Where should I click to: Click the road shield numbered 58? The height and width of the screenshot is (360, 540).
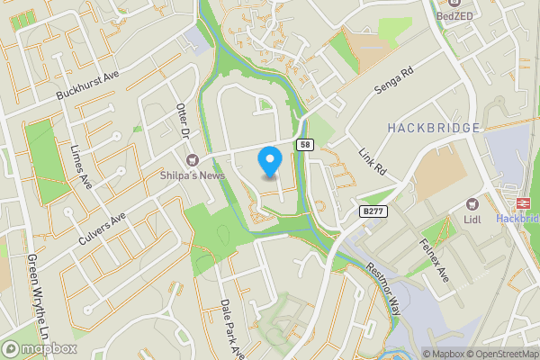click(x=305, y=144)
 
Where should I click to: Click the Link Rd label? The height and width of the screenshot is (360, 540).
click(x=371, y=162)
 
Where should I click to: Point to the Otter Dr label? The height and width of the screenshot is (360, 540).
click(x=184, y=119)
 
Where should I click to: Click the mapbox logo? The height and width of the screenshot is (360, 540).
click(x=39, y=348)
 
